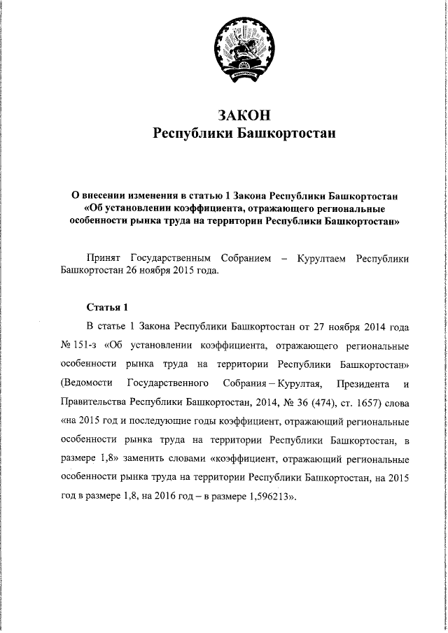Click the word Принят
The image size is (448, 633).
(x=103, y=259)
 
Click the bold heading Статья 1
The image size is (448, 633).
(x=108, y=307)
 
